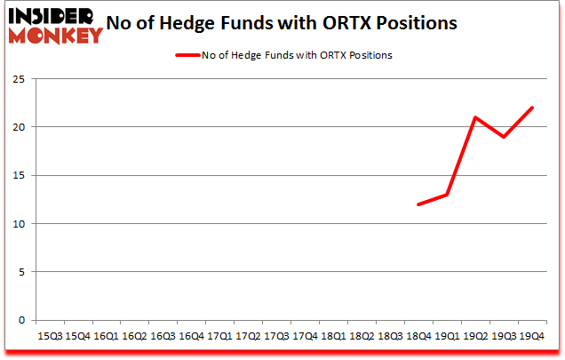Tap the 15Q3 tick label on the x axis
[50, 335]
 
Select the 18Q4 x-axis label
[418, 335]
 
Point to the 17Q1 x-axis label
[219, 335]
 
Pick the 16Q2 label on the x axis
[135, 335]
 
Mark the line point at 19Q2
[474, 117]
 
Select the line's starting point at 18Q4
[418, 204]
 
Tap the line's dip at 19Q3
[503, 137]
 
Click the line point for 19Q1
[446, 195]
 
